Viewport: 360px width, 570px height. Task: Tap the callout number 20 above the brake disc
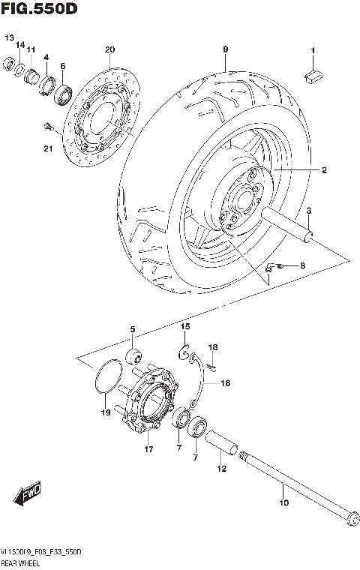[109, 50]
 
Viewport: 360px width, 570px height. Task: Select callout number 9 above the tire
[224, 50]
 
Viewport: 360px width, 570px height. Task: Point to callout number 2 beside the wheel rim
[324, 171]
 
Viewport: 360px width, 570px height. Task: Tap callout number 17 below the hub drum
[148, 450]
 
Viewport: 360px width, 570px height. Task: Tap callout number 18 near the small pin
[213, 348]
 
